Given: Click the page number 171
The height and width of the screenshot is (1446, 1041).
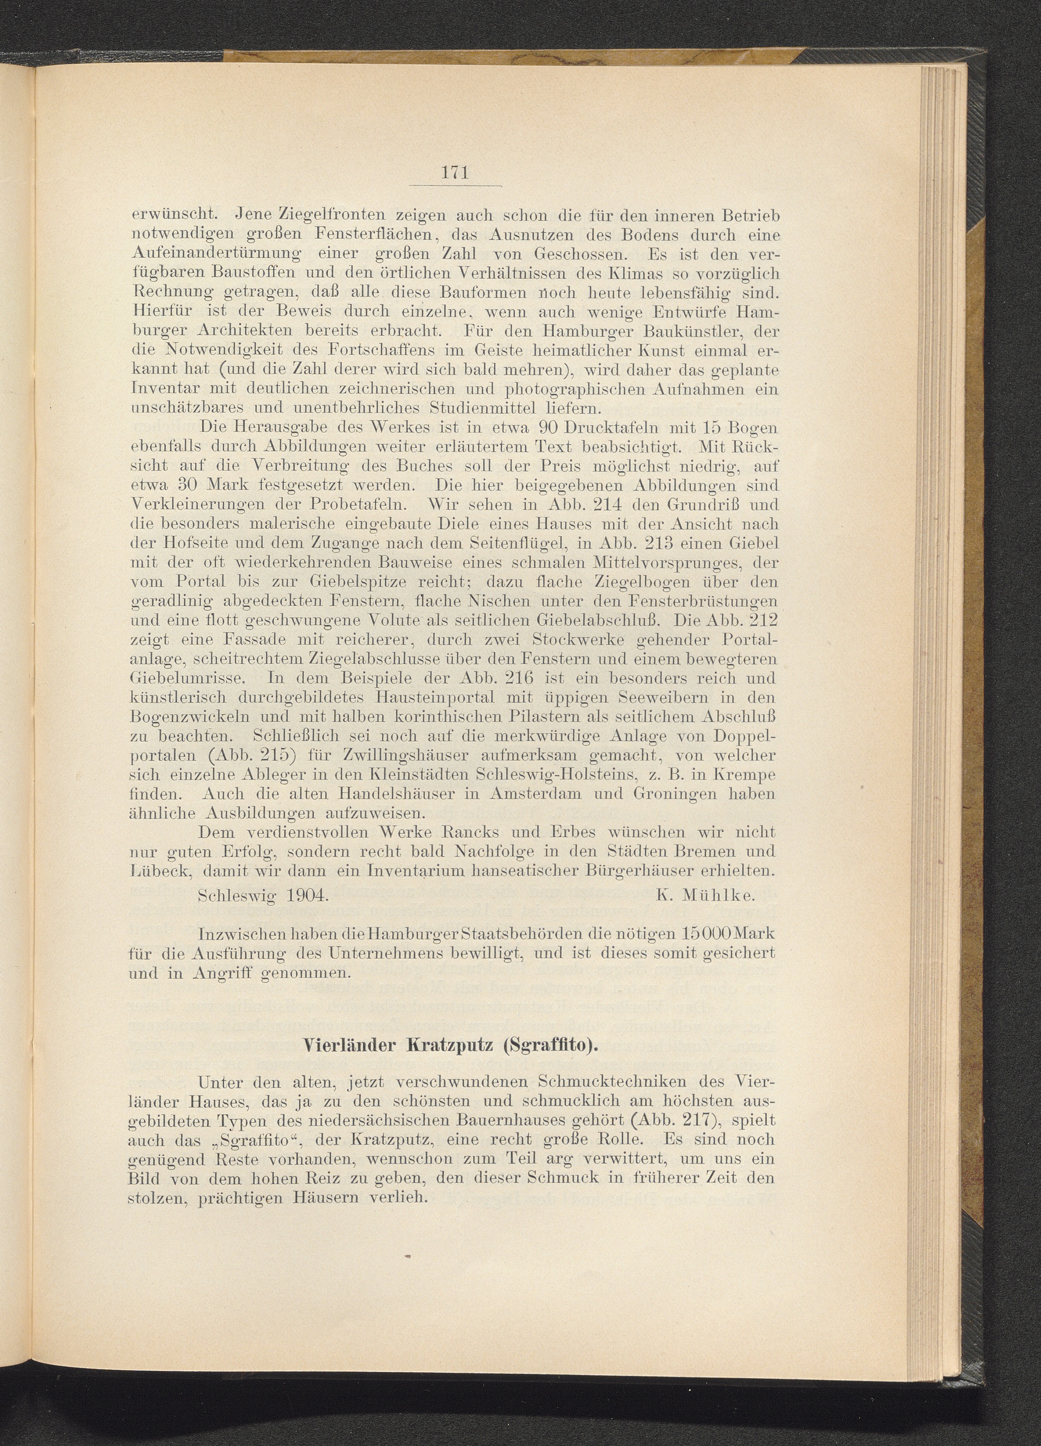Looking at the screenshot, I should (x=455, y=173).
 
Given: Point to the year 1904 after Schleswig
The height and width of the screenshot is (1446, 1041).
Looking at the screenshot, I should (x=307, y=895).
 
